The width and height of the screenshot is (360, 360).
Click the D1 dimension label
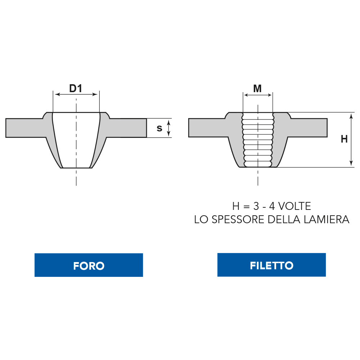[76, 89]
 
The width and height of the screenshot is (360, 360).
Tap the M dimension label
[257, 89]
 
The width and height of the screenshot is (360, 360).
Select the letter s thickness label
[159, 129]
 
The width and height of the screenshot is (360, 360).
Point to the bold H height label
[344, 139]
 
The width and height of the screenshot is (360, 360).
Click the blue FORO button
[89, 265]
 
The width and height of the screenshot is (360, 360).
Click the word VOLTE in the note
[294, 206]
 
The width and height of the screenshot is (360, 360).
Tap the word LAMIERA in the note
[327, 220]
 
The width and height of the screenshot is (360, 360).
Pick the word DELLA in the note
[284, 220]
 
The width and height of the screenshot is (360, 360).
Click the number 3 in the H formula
[256, 206]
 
